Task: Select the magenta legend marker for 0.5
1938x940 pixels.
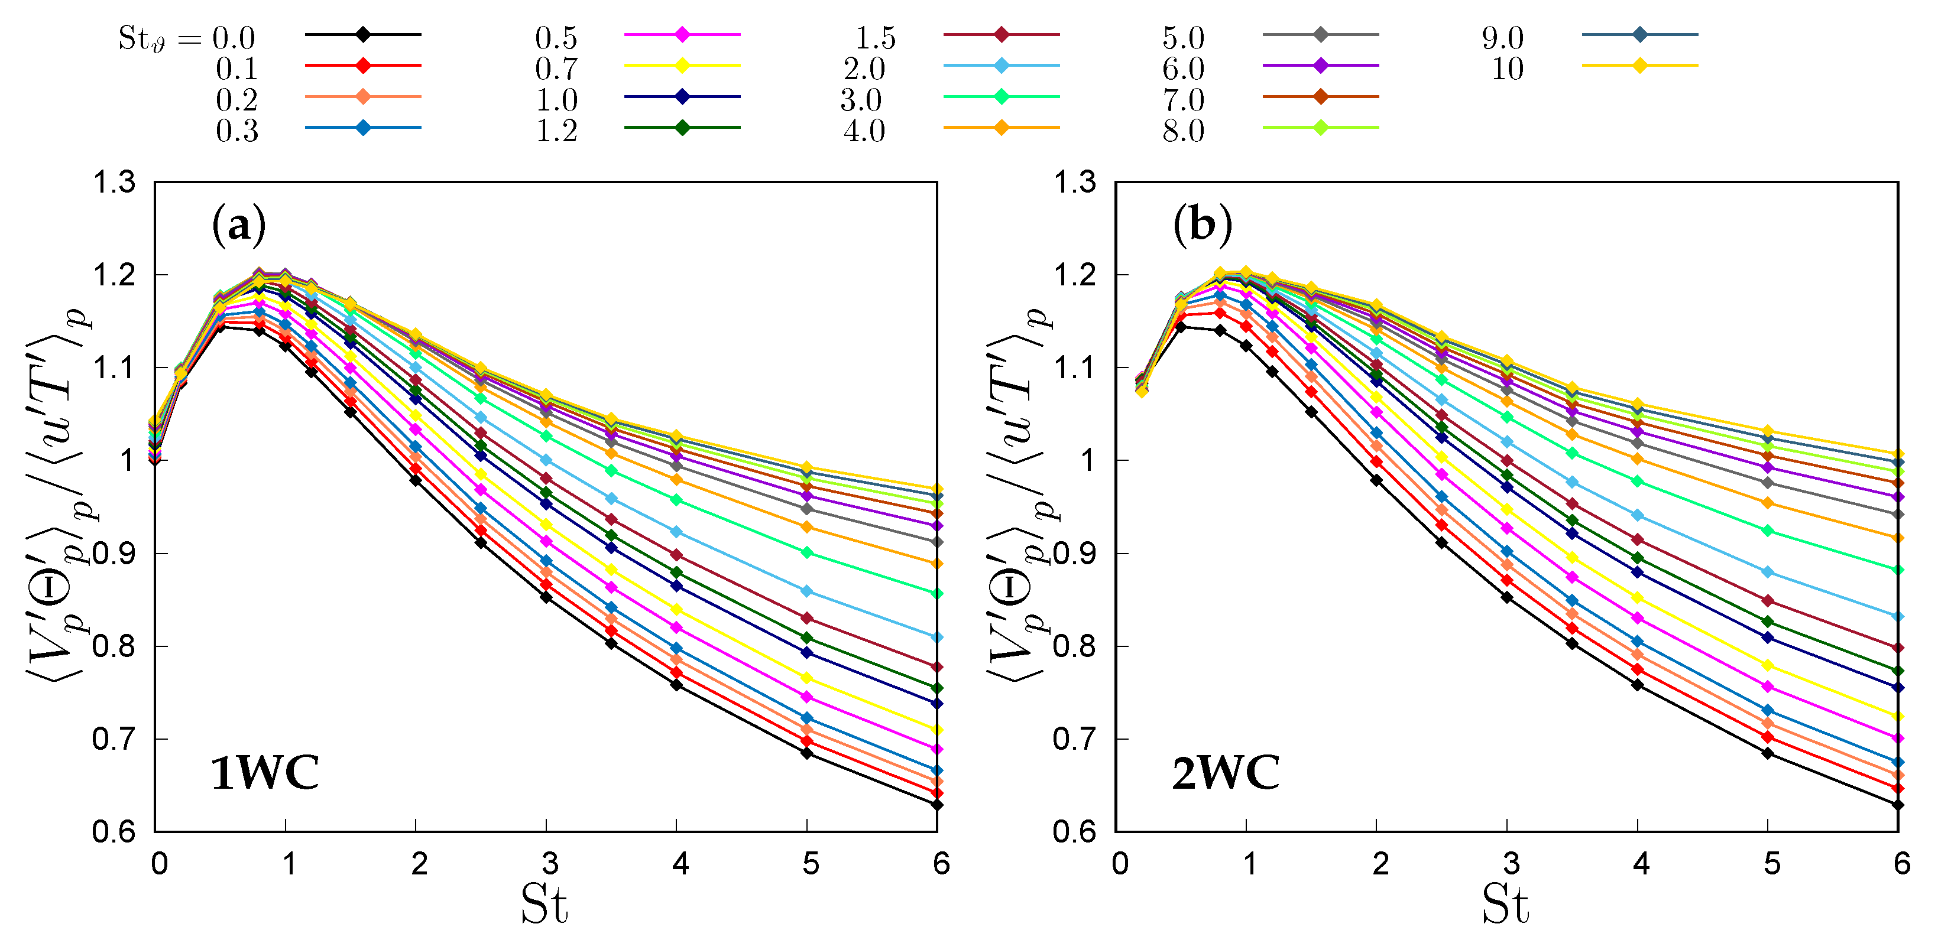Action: [x=682, y=35]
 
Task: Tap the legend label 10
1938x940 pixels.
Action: [x=1507, y=69]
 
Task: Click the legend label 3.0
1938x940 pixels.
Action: [x=861, y=100]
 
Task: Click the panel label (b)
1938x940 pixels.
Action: [x=1202, y=225]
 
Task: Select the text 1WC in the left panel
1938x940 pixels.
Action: [x=265, y=773]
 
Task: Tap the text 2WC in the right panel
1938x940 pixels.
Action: [x=1226, y=773]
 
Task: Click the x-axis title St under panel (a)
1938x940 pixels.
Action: [x=544, y=905]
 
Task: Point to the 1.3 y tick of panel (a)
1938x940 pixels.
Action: [x=114, y=183]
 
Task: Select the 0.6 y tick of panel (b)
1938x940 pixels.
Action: [x=1074, y=832]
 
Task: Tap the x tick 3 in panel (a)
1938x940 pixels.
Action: [x=550, y=864]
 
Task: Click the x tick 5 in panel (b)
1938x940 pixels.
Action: [x=1772, y=864]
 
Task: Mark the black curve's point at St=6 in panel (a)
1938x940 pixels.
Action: [x=936, y=805]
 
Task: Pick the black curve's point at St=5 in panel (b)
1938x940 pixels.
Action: [x=1768, y=753]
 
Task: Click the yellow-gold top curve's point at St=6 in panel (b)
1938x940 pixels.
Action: [x=1898, y=454]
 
